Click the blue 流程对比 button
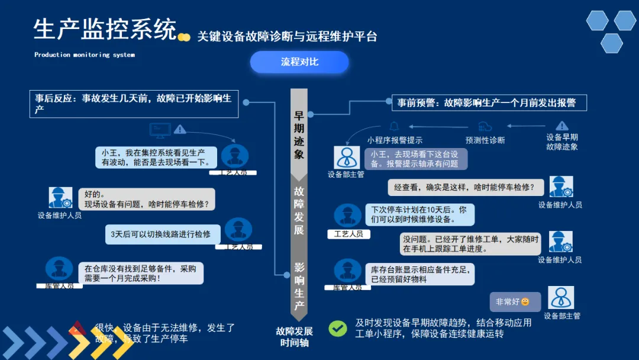(x=299, y=62)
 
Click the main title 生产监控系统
(x=105, y=29)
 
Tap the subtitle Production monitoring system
(x=85, y=55)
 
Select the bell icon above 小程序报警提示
(x=394, y=126)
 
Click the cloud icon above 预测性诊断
(x=485, y=126)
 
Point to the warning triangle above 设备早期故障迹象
(x=561, y=126)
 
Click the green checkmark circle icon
(x=338, y=329)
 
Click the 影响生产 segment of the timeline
(x=299, y=287)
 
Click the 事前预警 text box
(x=489, y=102)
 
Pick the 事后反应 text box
(x=134, y=104)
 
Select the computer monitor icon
(x=159, y=128)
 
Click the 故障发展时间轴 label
(x=294, y=337)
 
